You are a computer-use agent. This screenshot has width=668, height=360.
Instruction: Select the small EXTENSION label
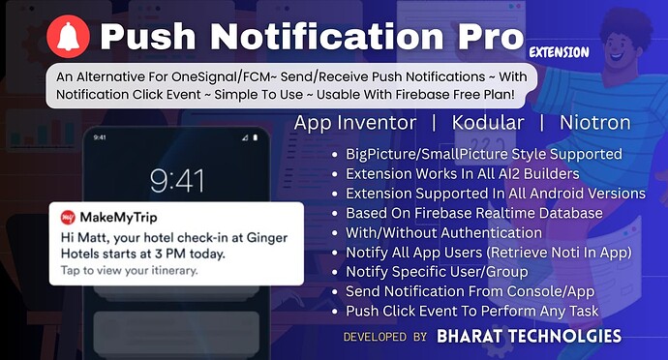tap(560, 51)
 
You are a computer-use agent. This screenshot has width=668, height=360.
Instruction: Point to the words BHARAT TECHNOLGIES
tap(529, 337)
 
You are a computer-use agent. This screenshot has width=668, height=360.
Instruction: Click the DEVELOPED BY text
tap(384, 337)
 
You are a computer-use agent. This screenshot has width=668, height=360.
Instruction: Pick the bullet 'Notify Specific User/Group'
tap(440, 271)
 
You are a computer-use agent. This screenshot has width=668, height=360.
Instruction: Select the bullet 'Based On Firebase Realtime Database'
tap(474, 212)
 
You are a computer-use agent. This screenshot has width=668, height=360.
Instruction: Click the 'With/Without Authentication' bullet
tap(445, 231)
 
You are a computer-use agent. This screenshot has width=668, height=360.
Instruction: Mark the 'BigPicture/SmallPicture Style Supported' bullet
tap(482, 154)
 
